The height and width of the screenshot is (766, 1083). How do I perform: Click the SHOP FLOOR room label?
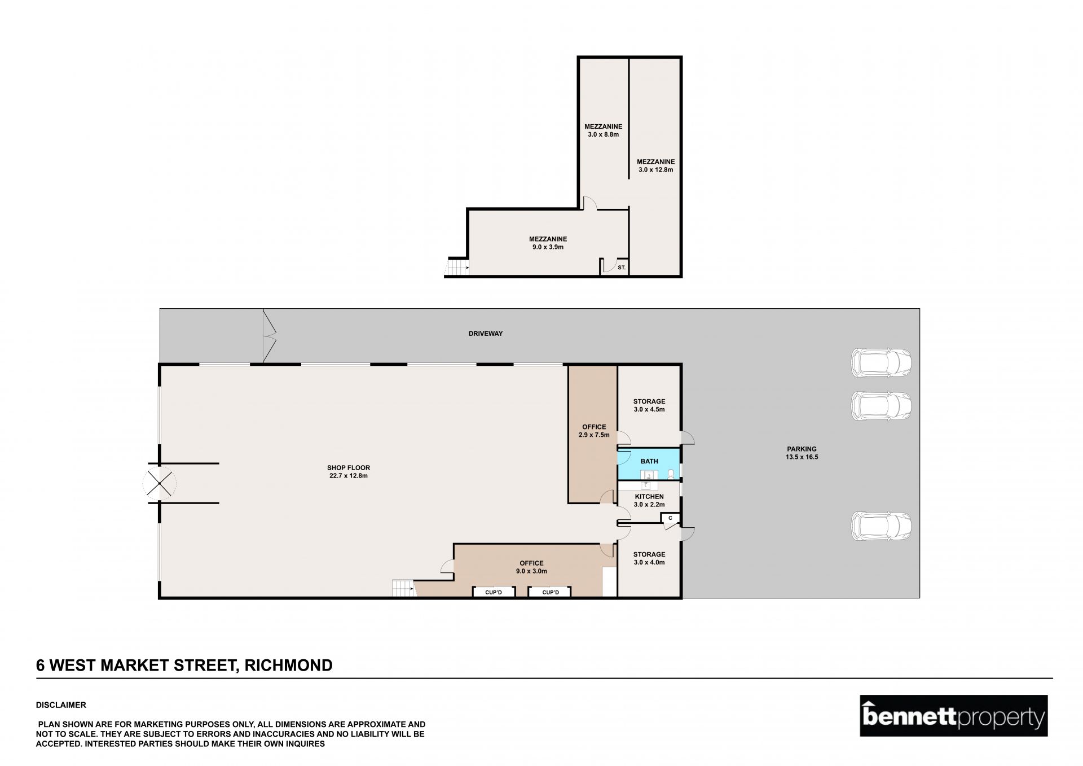coord(349,471)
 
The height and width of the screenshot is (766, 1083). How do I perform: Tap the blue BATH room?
coord(649,465)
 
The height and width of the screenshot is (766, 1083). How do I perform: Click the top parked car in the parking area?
coord(881,362)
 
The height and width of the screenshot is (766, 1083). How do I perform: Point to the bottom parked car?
coord(881,526)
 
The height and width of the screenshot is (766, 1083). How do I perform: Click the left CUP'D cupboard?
coord(494,592)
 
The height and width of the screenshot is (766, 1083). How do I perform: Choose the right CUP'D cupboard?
coord(550,592)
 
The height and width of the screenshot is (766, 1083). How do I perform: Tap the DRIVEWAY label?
coord(486,334)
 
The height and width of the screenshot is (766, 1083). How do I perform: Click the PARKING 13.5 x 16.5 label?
coord(802,453)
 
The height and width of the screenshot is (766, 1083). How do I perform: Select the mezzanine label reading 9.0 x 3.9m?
coord(548,243)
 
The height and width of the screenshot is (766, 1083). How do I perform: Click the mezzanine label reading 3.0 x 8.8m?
coord(603,130)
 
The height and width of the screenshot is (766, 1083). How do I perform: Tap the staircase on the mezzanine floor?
coord(457,266)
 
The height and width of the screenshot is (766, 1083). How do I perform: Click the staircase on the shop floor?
coord(403,588)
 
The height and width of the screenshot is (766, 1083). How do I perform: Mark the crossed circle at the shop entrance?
coord(160,483)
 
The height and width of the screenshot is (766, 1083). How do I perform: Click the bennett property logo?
coord(953,716)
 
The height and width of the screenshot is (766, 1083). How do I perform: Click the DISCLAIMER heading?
coord(61,705)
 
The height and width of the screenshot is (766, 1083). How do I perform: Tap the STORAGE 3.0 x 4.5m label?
coord(649,405)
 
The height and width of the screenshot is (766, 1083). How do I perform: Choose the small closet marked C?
coord(670,518)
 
